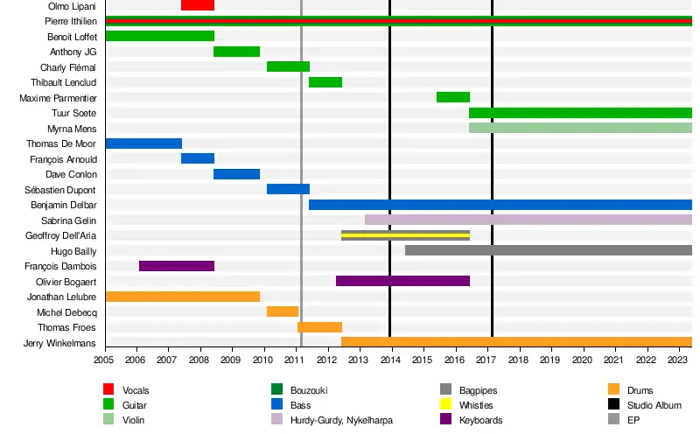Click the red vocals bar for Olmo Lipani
[198, 5]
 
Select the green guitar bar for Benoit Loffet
[159, 36]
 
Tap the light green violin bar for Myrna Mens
[580, 128]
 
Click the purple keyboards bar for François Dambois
[177, 266]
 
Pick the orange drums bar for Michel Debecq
[283, 311]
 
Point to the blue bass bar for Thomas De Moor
[143, 143]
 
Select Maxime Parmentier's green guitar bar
[453, 97]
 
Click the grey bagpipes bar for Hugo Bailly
[549, 250]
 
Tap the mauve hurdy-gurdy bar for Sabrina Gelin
[528, 220]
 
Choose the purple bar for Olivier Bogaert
[402, 281]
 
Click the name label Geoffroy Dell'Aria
[66, 235]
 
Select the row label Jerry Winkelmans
[59, 343]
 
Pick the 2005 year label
[104, 359]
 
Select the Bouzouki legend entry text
[310, 390]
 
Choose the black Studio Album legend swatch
[614, 405]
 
